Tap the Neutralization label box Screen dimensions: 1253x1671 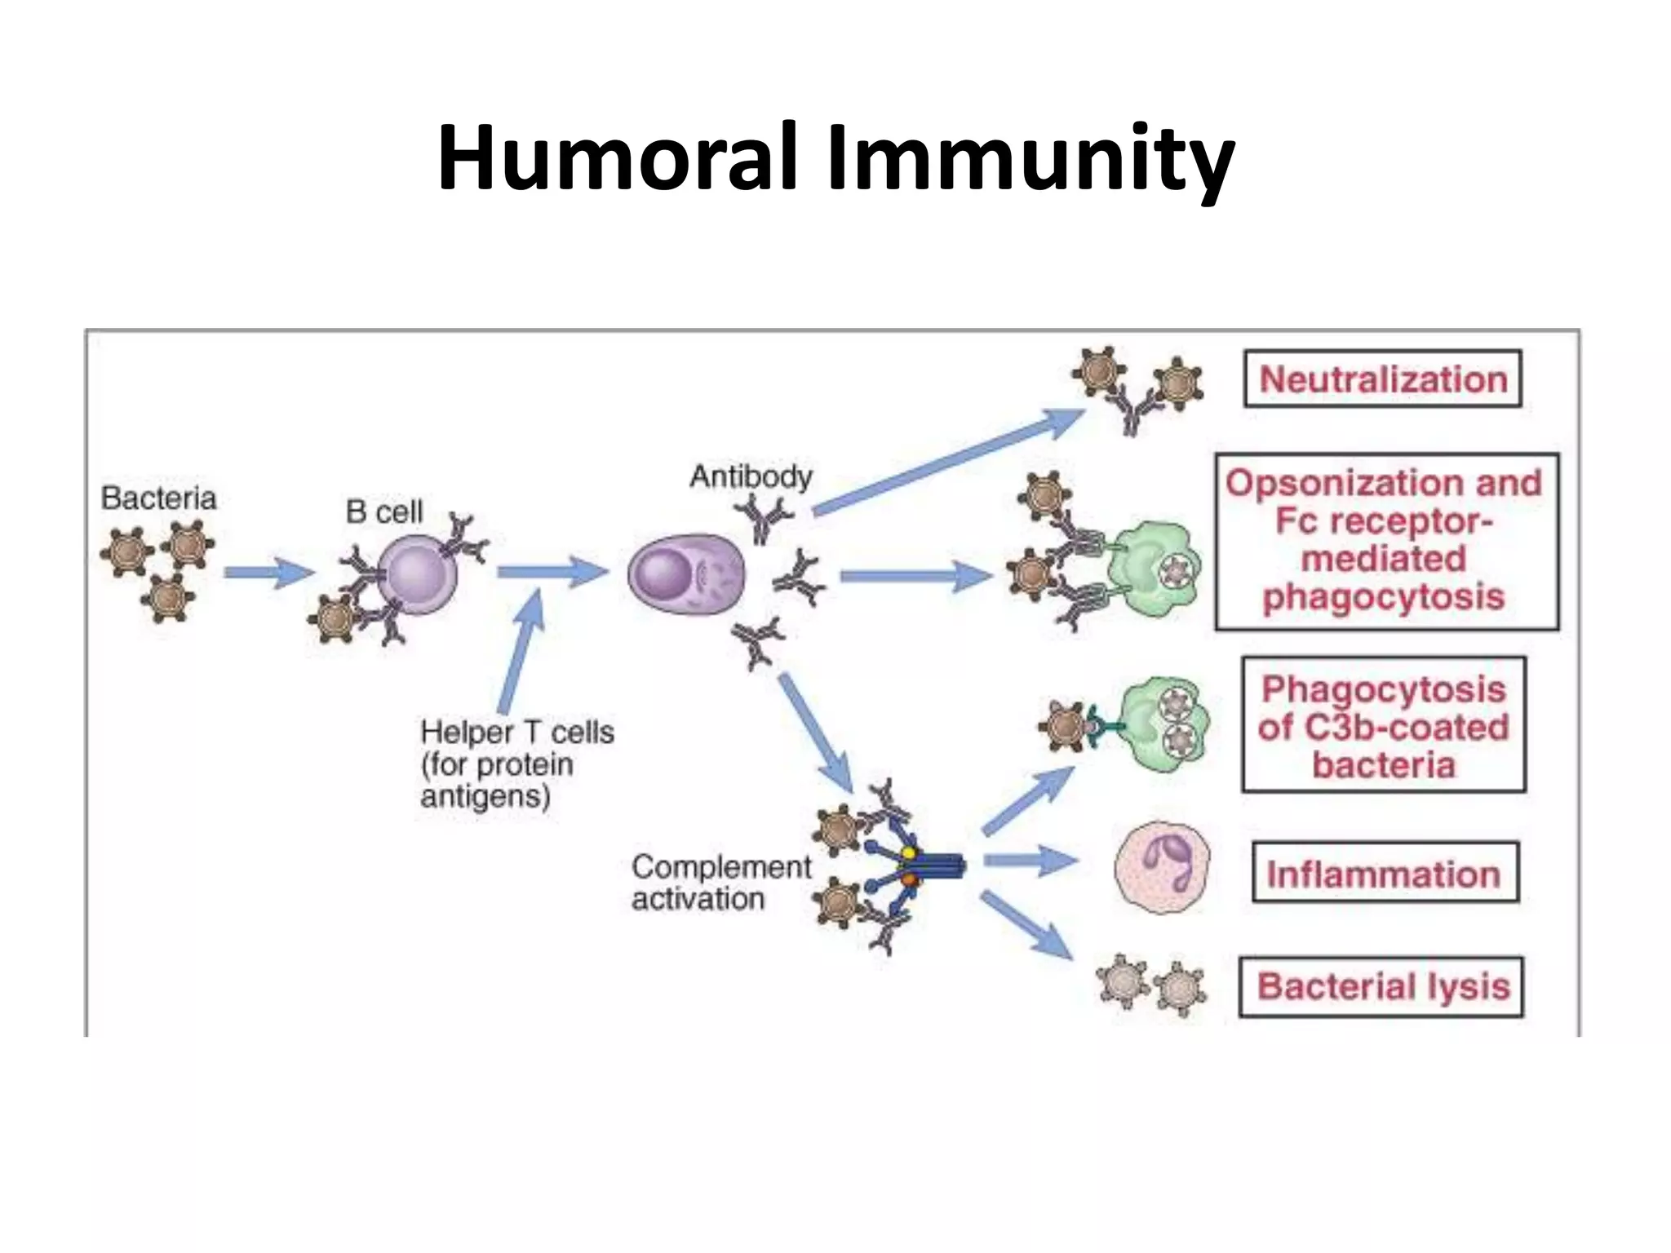(x=1382, y=379)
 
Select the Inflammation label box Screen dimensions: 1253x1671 (x=1385, y=874)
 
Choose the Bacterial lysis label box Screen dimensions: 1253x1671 (x=1381, y=986)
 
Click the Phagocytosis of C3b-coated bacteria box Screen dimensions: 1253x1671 (x=1383, y=725)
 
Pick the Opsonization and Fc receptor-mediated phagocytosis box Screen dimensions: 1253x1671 (x=1385, y=541)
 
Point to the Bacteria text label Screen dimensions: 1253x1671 (x=158, y=498)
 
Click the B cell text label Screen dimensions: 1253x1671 (x=383, y=511)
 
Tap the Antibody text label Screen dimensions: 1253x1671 (x=751, y=476)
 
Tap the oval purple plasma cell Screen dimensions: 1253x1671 (x=685, y=576)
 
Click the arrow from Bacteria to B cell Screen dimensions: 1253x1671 (x=268, y=573)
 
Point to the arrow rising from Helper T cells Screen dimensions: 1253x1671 (x=521, y=653)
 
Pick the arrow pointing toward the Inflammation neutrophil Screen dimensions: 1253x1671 (x=1030, y=860)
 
